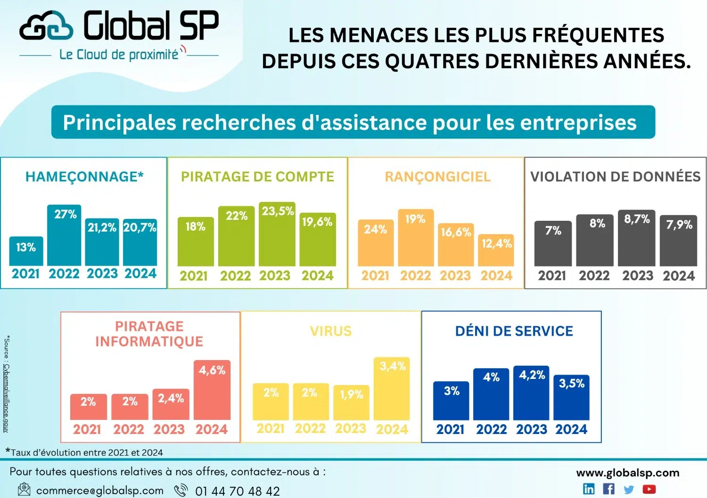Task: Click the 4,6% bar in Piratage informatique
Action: coord(212,390)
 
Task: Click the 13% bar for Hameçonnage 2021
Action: coord(26,251)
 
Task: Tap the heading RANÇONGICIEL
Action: coord(437,177)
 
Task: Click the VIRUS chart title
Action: coord(330,331)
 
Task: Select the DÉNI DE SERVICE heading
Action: coord(514,331)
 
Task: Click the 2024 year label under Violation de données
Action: coord(679,275)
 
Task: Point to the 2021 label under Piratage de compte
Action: coord(193,275)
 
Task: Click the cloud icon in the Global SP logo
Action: coord(46,27)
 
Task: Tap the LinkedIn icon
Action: coord(589,489)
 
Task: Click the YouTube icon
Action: coord(649,490)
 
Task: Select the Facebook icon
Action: coord(608,489)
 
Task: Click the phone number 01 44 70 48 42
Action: coord(237,491)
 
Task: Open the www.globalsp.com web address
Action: coord(627,473)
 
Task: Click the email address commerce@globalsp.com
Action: coord(99,490)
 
